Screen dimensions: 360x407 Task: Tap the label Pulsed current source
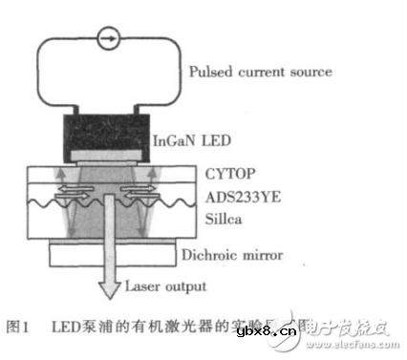click(x=260, y=72)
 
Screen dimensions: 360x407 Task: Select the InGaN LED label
click(x=192, y=141)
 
